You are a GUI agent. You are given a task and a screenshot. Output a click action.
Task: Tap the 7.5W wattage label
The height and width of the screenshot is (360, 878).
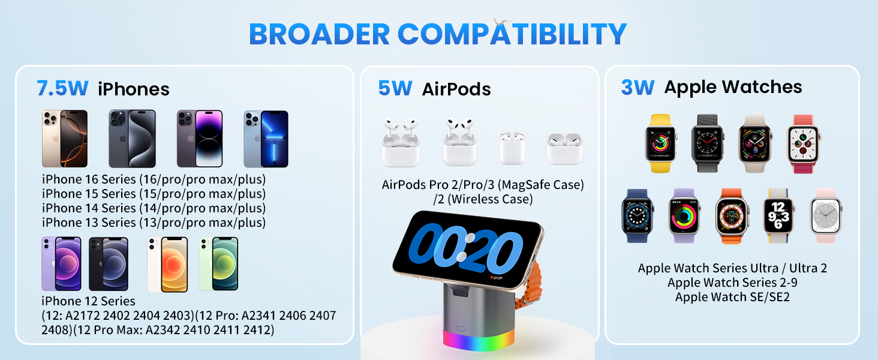coord(62,88)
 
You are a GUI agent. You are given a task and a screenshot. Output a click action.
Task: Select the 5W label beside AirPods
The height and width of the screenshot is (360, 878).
coord(395,88)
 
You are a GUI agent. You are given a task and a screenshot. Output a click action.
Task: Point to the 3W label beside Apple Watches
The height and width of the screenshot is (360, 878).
coord(637,87)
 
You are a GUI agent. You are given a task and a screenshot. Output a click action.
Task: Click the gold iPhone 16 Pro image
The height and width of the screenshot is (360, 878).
coord(65,139)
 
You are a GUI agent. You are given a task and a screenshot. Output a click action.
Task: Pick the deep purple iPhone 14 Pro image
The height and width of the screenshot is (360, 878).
coord(199,139)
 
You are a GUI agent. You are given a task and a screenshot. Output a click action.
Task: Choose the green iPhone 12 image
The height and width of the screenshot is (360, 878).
coord(218,264)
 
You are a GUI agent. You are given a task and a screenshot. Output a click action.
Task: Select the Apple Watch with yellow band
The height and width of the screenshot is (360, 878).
coord(660,144)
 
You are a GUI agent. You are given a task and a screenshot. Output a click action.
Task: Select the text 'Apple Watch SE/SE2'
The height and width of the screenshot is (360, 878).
coord(732,296)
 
